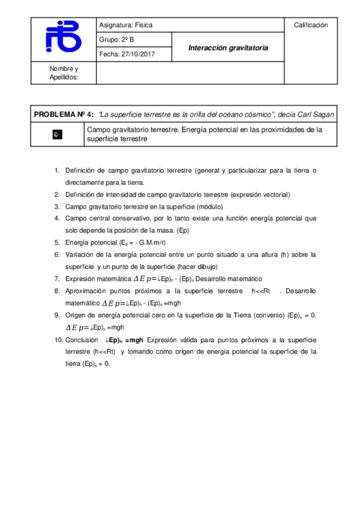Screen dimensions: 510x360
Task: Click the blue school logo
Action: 63,37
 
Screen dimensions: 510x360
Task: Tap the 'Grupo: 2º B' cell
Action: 117,40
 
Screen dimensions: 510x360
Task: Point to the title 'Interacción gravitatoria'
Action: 228,48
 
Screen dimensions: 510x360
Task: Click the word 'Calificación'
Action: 311,25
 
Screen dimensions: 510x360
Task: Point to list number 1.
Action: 57,170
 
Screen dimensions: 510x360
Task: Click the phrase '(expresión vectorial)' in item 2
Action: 261,194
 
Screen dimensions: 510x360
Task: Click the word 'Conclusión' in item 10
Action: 82,340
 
